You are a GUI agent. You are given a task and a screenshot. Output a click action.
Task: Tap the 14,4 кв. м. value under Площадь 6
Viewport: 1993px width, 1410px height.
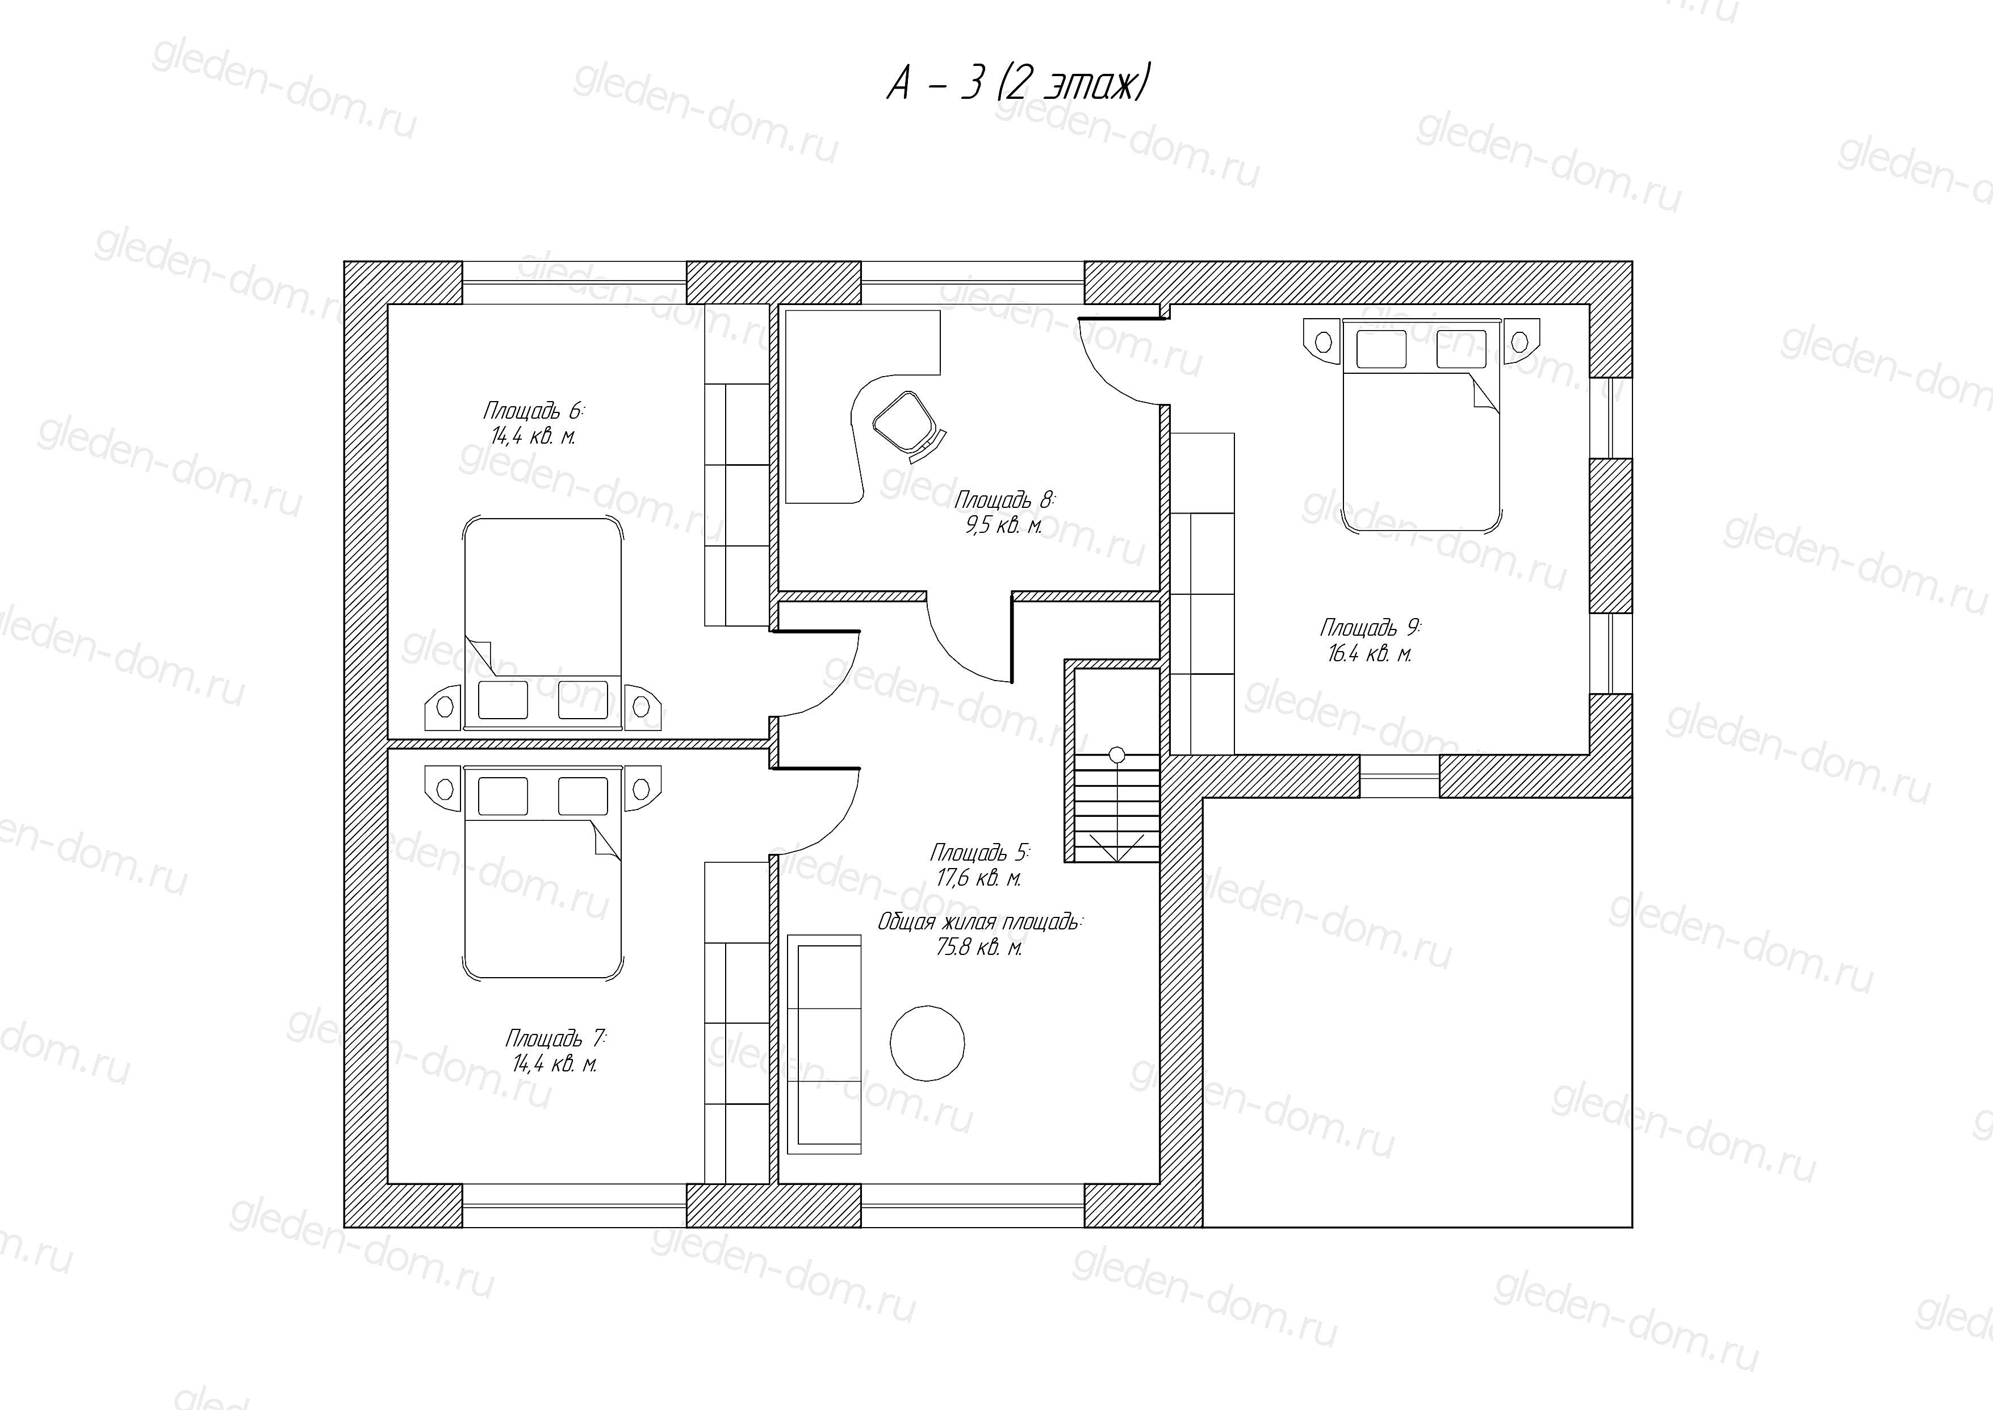click(x=533, y=435)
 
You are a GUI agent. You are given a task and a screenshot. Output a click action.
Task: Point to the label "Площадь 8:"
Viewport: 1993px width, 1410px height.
click(x=1004, y=499)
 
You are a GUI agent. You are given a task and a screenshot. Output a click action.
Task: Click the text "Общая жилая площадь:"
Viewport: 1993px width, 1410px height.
click(x=981, y=921)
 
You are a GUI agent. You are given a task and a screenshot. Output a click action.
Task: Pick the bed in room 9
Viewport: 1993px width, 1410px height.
click(x=1421, y=424)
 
